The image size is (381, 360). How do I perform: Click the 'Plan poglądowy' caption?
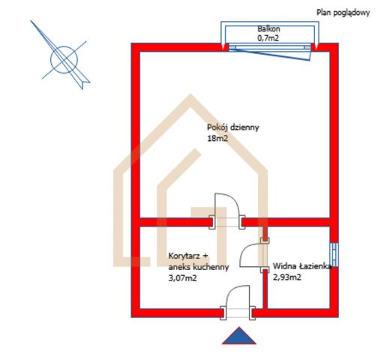pos(343,13)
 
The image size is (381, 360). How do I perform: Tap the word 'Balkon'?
pos(268,28)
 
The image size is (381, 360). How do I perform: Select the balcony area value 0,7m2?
pos(268,38)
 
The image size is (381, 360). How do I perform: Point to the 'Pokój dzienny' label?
pos(232,127)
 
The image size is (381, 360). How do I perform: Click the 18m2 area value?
pos(217,138)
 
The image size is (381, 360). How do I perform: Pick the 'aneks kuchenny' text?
pos(199,267)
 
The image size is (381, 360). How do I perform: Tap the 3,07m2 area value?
pos(182,278)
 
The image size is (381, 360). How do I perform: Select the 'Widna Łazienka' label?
pos(302,266)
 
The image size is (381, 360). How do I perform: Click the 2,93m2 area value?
pos(287,277)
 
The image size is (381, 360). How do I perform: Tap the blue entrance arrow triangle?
pos(239,336)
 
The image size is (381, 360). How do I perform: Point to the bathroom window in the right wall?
pos(334,255)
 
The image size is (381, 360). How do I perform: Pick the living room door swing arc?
pos(235,200)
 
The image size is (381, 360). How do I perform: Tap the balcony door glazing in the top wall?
pos(270,47)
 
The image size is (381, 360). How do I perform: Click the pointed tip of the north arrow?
pos(31,21)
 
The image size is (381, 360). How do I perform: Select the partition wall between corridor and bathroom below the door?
pos(265,290)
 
